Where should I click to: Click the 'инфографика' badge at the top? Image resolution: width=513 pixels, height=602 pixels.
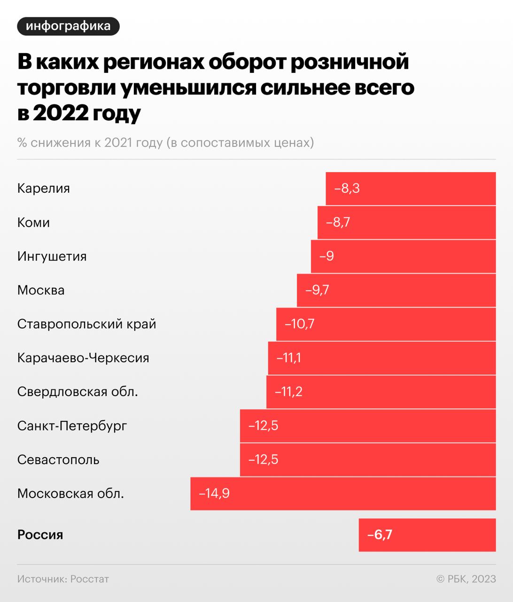click(68, 26)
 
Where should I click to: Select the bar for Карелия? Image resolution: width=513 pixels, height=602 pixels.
click(411, 189)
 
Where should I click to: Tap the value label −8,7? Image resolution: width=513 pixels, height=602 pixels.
click(338, 222)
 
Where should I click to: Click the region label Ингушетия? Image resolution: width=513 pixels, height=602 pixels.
click(52, 256)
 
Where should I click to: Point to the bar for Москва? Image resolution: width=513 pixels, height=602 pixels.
click(396, 290)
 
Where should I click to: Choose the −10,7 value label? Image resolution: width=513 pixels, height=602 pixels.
click(299, 324)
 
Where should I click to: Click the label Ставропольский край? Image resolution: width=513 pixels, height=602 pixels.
click(87, 324)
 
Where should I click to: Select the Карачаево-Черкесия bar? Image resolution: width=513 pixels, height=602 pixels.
click(381, 358)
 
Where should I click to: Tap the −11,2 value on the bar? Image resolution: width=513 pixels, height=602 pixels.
click(288, 392)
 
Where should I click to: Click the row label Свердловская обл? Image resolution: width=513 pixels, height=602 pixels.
click(78, 392)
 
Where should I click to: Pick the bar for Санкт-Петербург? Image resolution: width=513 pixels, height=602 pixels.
click(367, 426)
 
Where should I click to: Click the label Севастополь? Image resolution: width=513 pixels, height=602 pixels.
click(58, 459)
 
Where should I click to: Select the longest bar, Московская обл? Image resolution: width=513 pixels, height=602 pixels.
click(343, 493)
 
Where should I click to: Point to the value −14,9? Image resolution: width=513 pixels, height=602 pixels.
click(214, 493)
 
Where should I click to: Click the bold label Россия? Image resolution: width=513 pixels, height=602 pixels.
click(40, 535)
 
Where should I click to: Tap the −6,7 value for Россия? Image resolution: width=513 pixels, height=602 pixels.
click(380, 535)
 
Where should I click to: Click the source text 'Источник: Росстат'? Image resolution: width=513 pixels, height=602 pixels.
click(63, 579)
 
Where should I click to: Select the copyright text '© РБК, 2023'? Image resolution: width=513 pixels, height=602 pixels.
click(466, 579)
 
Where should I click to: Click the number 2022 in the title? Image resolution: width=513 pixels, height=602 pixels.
click(60, 113)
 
